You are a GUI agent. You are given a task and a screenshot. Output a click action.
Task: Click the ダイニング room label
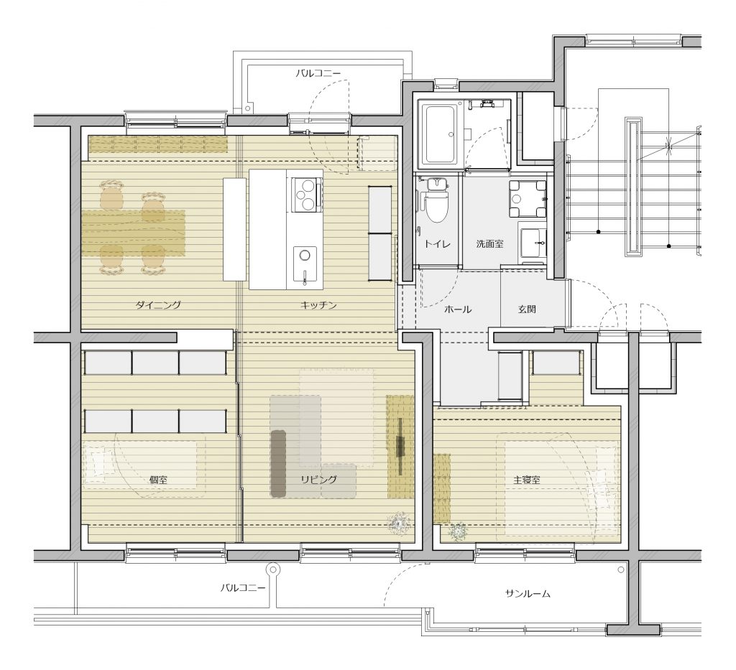[158, 305]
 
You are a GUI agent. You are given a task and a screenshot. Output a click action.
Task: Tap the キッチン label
[318, 305]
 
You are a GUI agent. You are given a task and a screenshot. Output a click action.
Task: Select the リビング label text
[318, 479]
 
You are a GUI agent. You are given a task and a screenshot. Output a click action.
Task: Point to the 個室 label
[158, 480]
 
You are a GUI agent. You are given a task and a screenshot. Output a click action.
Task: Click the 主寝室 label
[526, 480]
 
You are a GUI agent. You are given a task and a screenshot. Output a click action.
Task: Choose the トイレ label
[438, 244]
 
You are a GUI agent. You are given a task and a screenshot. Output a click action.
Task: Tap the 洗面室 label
[489, 244]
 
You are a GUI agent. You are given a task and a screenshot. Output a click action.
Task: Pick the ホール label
[458, 310]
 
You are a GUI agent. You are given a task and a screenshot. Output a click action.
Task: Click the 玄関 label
[527, 310]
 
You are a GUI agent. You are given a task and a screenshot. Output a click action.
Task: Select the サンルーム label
[528, 594]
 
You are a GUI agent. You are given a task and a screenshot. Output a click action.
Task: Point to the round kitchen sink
[305, 256]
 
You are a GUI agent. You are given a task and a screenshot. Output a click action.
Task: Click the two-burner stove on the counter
[305, 194]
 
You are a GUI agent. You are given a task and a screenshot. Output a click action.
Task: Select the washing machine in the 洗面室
[528, 198]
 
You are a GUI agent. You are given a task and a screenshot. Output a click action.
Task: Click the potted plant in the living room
[399, 522]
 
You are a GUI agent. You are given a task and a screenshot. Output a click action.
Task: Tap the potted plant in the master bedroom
[458, 531]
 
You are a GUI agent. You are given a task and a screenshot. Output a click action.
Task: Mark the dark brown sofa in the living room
[278, 464]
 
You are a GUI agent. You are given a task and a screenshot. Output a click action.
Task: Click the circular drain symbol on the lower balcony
[272, 569]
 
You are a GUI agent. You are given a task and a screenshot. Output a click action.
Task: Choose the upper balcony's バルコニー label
[318, 74]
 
